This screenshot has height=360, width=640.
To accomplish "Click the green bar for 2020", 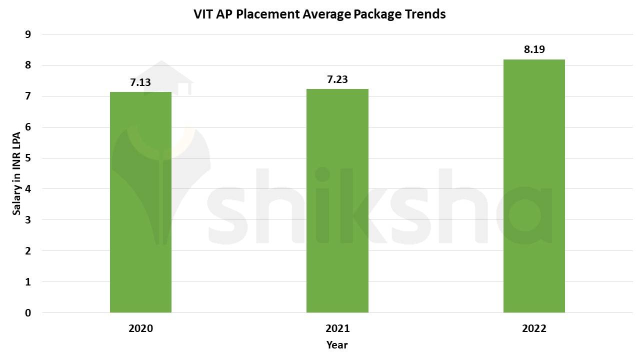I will (140, 202).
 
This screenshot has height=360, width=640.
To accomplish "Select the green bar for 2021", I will (337, 200).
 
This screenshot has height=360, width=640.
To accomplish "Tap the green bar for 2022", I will (534, 186).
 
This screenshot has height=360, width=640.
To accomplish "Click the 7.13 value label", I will (140, 82).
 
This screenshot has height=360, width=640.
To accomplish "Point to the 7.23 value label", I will (337, 79).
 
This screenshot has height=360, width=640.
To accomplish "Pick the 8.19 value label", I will (534, 49).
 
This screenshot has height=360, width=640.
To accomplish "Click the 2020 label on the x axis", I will (140, 328).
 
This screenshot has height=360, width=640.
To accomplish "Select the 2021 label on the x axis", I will (337, 328).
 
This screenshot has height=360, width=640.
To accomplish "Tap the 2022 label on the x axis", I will (534, 328).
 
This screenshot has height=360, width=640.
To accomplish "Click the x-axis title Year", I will (337, 344).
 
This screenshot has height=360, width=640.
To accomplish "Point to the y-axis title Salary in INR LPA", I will (16, 173).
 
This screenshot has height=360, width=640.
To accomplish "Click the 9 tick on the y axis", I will (28, 34).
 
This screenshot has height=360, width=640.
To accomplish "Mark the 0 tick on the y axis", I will (28, 313).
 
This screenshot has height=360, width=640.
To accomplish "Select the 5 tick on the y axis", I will (28, 158).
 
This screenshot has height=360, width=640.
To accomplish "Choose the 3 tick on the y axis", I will (28, 220).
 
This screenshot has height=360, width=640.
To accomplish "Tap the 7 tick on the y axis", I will (28, 96).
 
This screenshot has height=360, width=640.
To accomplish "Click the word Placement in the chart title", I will (268, 14).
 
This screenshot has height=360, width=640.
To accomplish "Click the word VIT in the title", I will (203, 14).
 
